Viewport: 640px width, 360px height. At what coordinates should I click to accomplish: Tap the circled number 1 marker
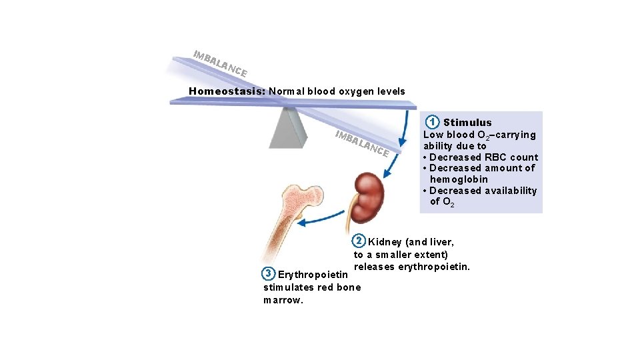pos(433,122)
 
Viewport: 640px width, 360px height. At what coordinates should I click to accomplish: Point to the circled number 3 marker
pos(268,273)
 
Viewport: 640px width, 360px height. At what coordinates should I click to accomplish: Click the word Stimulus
pos(467,123)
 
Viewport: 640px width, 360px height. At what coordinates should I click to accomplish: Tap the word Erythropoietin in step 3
pos(313,275)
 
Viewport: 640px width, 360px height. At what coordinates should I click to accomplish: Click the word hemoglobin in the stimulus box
pos(459,179)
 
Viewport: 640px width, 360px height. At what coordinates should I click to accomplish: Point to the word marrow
pos(283,300)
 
